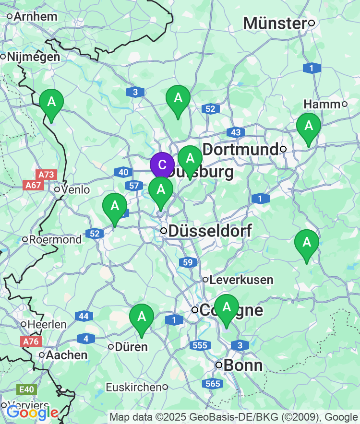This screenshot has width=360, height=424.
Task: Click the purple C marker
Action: tap(162, 165)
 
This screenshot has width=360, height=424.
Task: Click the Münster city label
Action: tap(275, 23)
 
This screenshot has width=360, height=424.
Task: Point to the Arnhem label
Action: tap(35, 16)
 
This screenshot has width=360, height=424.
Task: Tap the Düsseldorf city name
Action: tap(210, 231)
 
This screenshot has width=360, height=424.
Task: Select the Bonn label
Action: tap(243, 365)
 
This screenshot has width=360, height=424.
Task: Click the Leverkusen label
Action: tap(241, 280)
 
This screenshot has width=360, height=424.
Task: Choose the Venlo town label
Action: tap(75, 190)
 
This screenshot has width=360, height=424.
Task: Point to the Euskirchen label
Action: tap(133, 387)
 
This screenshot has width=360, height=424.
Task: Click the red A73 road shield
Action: tap(46, 175)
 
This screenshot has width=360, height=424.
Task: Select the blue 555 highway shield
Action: tap(199, 345)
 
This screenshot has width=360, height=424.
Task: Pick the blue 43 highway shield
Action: tap(236, 132)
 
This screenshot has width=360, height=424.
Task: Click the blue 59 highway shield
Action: tap(187, 262)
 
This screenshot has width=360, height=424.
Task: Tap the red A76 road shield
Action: tap(31, 342)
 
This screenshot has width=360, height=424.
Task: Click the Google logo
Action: tap(32, 412)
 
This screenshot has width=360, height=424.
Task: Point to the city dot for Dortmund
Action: tap(283, 149)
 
